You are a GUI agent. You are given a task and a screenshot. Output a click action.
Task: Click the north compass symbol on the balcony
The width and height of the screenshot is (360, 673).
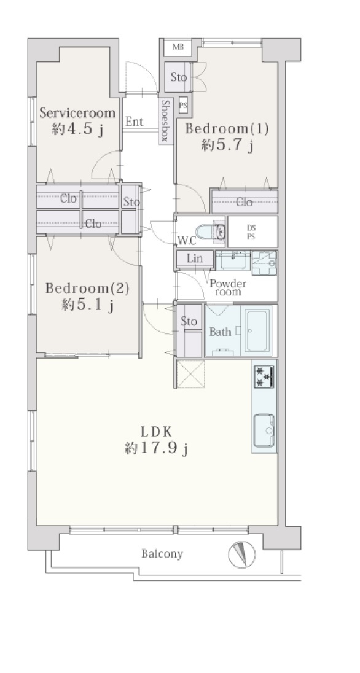coord(242,554)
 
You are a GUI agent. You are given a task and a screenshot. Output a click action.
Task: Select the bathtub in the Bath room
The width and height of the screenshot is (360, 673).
coord(257,330)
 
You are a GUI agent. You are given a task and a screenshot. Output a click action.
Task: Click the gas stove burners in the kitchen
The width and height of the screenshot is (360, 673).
coord(264,377)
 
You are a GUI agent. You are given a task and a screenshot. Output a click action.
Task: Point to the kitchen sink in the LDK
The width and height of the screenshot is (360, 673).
coord(264,431)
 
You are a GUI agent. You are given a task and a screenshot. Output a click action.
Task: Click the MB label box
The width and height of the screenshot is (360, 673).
coord(178,47)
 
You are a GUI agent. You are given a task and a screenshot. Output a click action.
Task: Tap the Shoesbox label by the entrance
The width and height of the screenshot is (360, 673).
coord(166,121)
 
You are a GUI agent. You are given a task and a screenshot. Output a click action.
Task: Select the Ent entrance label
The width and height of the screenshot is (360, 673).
coord(134,122)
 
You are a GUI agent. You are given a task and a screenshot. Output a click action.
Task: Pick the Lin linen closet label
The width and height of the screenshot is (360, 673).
coord(195,259)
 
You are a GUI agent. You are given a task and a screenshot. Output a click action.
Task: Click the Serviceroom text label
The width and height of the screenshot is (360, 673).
coord(78,113)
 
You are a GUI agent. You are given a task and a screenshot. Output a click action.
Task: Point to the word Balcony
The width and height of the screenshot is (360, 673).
coord(162,554)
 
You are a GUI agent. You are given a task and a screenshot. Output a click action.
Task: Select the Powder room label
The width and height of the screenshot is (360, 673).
coord(228,287)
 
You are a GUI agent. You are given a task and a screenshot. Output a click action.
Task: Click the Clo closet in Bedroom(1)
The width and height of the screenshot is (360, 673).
coord(245,202)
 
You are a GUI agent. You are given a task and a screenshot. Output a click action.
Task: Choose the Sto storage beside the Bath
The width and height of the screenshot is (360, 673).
coord(189,330)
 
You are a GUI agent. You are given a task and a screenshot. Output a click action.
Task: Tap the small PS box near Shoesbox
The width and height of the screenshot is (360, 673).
coord(183,104)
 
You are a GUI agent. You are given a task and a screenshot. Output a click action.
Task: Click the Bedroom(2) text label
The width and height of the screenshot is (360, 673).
coord(87,288)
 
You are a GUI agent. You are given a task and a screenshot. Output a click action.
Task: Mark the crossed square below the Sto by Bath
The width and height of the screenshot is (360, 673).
coord(190,374)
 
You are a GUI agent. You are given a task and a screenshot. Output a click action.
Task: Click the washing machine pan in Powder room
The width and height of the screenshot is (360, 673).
coord(265,263)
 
